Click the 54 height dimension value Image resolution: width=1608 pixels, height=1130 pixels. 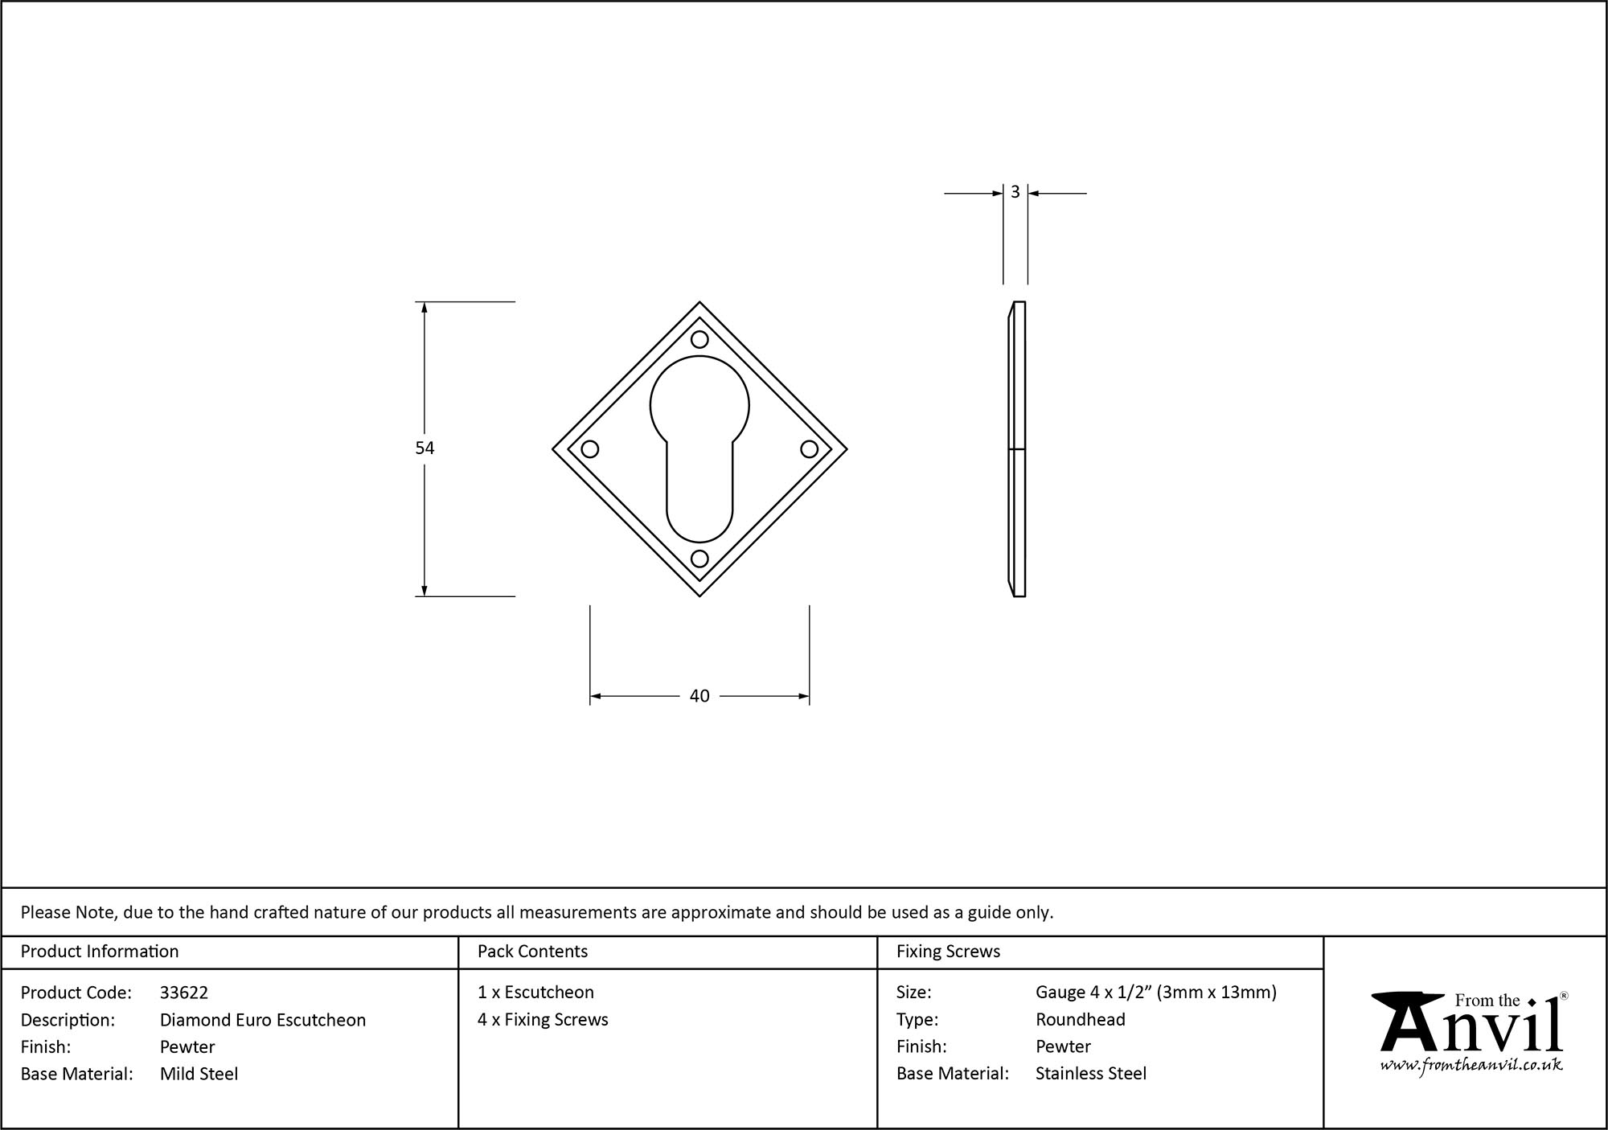point(425,448)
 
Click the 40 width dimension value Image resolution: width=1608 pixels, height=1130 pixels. point(699,696)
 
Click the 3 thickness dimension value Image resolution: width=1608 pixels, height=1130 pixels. point(1015,192)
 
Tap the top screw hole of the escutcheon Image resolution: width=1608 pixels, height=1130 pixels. point(699,339)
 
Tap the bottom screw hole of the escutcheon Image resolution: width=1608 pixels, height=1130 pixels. point(699,558)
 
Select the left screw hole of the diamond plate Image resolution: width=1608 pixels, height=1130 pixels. point(590,448)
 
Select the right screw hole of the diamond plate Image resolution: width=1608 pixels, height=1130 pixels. point(809,448)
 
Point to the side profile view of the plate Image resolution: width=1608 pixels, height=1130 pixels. point(1017,448)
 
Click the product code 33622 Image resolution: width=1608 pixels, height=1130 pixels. point(184,993)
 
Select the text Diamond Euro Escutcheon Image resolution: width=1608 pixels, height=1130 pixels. point(263,1020)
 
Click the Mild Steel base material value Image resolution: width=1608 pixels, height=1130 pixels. point(199,1074)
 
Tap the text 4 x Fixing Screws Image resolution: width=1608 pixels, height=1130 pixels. point(543,1019)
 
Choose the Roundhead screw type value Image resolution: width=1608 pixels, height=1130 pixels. point(1080,1019)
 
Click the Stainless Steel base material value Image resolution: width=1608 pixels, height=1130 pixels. point(1090,1073)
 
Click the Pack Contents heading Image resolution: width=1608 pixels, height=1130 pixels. point(532,952)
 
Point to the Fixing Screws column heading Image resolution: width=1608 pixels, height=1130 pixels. point(948,952)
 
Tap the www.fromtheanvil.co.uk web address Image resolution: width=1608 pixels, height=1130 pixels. point(1471,1065)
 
